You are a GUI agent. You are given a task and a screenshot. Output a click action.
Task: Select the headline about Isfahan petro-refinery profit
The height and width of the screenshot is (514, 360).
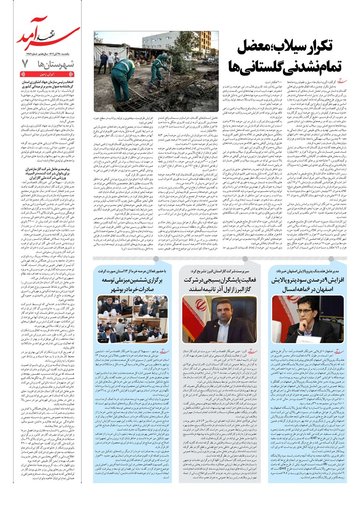pyautogui.click(x=303, y=285)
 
